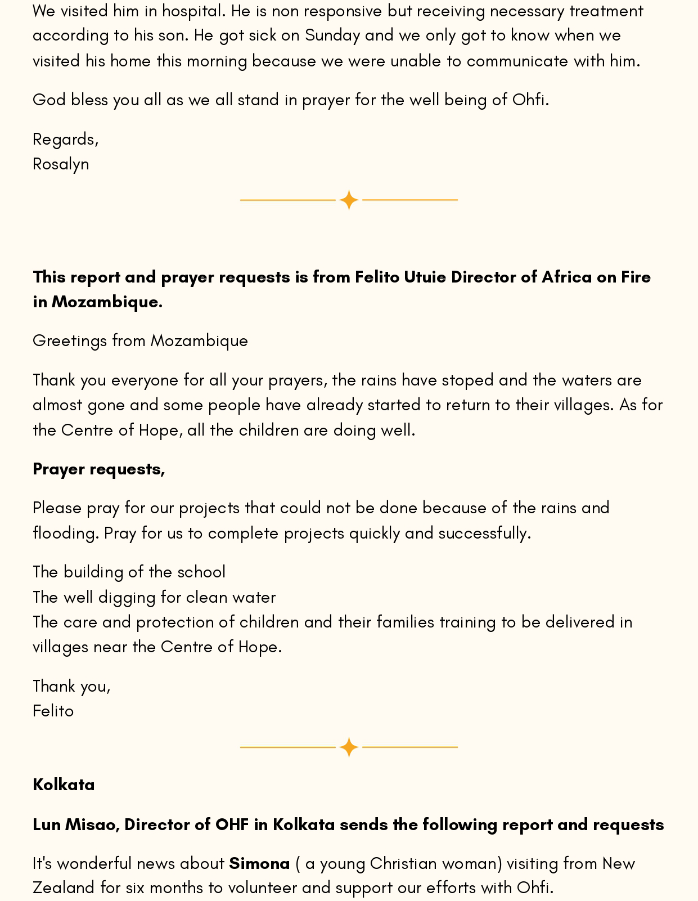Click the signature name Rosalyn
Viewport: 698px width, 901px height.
61,164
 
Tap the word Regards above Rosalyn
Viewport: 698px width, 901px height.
64,140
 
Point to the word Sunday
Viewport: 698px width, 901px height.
332,35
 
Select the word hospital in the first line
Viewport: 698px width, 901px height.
190,11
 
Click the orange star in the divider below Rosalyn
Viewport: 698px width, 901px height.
349,200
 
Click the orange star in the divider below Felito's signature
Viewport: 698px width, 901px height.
349,747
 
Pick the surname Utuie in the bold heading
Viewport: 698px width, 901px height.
425,277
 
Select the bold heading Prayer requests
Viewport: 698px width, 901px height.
98,469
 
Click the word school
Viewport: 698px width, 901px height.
201,572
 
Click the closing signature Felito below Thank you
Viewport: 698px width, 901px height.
53,711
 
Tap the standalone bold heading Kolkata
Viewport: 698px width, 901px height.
64,785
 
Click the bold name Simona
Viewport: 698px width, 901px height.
259,863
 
